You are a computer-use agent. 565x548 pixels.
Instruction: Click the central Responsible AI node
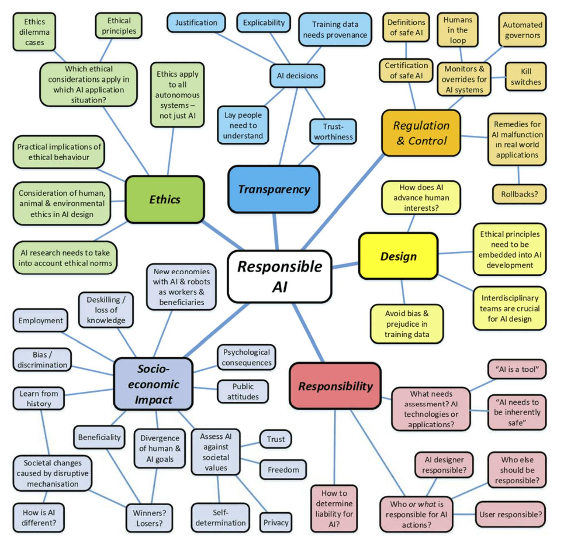[x=279, y=276]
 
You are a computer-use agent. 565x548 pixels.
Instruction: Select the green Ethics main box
[x=165, y=199]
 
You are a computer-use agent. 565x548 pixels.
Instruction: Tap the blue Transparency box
[x=274, y=189]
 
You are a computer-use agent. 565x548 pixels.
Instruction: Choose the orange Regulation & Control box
[x=421, y=133]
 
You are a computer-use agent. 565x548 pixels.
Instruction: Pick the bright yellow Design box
[x=398, y=256]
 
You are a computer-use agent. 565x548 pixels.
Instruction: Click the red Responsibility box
[x=335, y=386]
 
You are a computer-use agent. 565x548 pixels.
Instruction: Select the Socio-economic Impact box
[x=153, y=384]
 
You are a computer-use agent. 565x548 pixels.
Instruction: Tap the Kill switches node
[x=525, y=76]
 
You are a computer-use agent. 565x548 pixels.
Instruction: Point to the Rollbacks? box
[x=519, y=194]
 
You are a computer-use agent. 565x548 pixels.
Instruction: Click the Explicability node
[x=264, y=22]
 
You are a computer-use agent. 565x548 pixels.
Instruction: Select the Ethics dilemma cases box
[x=34, y=32]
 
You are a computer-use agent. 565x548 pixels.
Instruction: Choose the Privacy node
[x=276, y=522]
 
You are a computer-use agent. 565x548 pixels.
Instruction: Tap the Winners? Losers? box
[x=149, y=518]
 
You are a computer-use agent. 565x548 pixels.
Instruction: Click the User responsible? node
[x=510, y=514]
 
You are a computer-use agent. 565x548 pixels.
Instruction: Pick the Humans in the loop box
[x=457, y=30]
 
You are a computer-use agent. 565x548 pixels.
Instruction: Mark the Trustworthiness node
[x=333, y=131]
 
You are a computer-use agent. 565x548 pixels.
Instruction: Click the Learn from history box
[x=39, y=398]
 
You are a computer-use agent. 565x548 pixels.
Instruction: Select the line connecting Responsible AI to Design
[x=346, y=265]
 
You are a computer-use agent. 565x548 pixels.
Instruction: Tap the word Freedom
[x=283, y=470]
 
